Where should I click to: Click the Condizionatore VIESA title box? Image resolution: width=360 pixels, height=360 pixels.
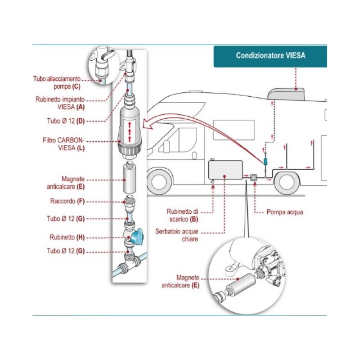(x=270, y=56)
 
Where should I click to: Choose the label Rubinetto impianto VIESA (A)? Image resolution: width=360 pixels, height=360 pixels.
(x=60, y=103)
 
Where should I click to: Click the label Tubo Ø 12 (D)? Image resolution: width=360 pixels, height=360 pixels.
(x=65, y=121)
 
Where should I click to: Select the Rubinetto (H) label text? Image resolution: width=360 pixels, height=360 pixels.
(x=67, y=237)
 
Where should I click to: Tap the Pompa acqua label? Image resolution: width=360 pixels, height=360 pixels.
(x=284, y=211)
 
